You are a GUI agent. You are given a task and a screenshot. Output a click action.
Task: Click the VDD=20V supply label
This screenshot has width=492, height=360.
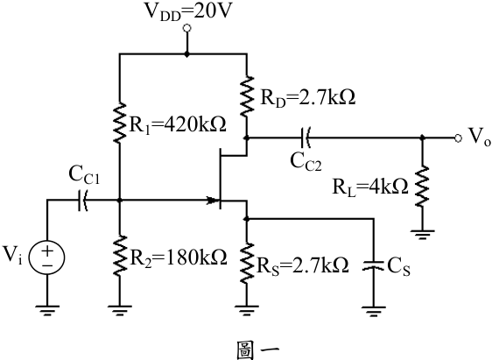click(187, 11)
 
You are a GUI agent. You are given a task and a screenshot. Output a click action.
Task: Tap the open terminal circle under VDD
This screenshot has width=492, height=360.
click(187, 29)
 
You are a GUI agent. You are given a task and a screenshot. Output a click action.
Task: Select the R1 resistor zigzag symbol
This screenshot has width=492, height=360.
click(120, 123)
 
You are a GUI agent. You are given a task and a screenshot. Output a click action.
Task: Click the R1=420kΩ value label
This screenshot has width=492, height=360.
click(178, 125)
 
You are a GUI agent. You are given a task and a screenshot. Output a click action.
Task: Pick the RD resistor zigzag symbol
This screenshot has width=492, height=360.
click(247, 95)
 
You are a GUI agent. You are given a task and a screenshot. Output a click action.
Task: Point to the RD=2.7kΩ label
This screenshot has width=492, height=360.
click(308, 97)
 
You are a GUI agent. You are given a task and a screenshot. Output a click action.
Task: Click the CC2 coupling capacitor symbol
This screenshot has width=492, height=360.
click(306, 138)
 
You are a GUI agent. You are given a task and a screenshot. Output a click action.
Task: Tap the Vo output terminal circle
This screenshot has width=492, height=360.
click(458, 138)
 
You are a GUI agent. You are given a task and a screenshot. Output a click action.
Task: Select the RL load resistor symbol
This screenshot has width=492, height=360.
click(422, 187)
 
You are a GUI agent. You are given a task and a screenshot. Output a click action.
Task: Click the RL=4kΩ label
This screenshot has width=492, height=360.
click(370, 187)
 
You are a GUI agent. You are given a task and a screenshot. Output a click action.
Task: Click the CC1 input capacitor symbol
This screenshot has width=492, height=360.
click(82, 201)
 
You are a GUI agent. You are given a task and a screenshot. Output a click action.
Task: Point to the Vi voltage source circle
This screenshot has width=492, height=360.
click(46, 258)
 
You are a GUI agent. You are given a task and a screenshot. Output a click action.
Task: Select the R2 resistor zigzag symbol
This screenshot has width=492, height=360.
click(120, 256)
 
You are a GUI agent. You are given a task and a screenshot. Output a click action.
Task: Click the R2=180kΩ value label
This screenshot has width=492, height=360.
click(179, 258)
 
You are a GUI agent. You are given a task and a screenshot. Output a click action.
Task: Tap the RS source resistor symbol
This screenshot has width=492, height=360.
click(247, 263)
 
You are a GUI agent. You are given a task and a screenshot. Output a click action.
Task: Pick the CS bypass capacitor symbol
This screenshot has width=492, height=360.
click(374, 265)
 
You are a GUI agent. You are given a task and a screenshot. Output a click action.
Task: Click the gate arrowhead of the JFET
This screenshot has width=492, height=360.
click(212, 200)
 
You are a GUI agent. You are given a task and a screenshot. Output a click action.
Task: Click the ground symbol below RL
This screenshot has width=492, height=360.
click(422, 235)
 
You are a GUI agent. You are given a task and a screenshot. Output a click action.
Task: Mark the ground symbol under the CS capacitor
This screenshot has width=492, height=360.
click(374, 311)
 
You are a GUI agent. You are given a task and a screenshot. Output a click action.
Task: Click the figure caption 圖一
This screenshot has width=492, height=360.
click(257, 350)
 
